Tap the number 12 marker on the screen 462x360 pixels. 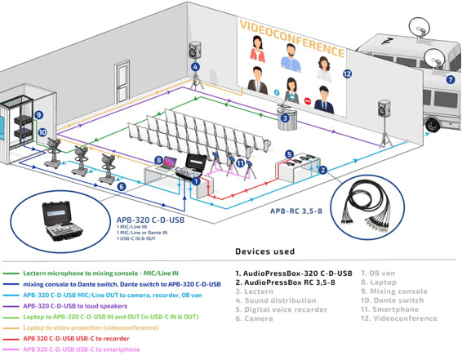click(348, 74)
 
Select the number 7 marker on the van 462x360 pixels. click(449, 80)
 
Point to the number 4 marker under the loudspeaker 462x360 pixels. click(195, 66)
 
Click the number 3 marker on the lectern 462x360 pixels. click(285, 118)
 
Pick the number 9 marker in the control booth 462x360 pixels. click(38, 115)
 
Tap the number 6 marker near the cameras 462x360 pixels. click(122, 187)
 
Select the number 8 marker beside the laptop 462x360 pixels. click(159, 160)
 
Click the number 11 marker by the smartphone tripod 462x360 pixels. click(240, 162)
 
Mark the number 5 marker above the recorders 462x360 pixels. click(289, 153)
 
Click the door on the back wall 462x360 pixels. click(124, 82)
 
